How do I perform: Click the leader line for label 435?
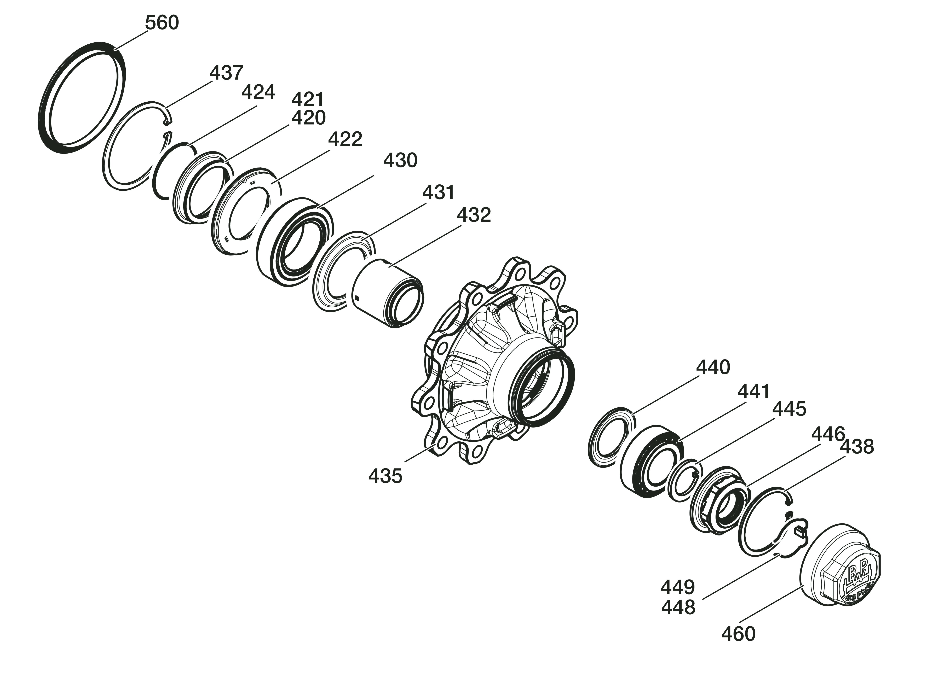pyautogui.click(x=419, y=454)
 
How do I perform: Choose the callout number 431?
pyautogui.click(x=438, y=193)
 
